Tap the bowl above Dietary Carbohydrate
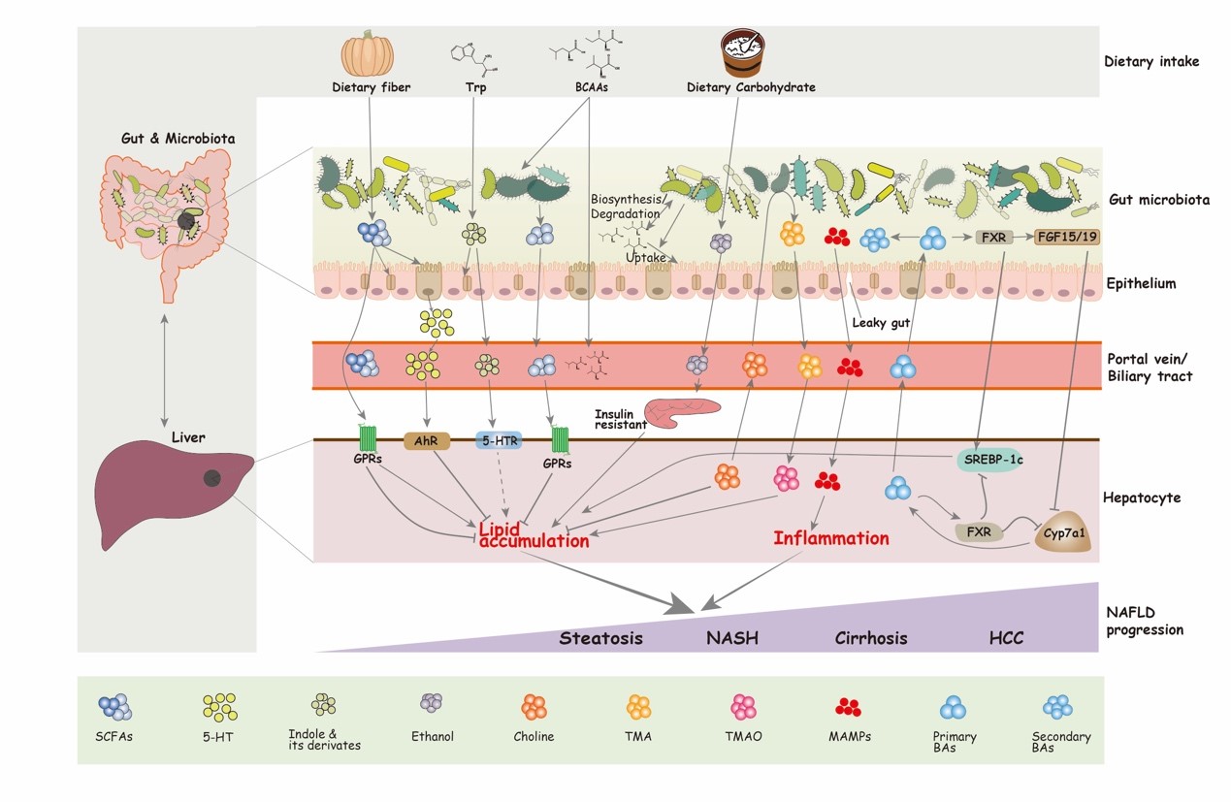point(742,52)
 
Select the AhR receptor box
point(427,440)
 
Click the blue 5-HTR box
point(499,440)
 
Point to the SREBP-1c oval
point(993,460)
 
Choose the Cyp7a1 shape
point(1063,532)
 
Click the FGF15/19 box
point(1067,238)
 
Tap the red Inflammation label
point(831,538)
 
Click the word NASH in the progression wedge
point(732,638)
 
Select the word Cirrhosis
point(871,638)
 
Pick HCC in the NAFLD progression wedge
point(1006,638)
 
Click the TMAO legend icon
point(743,707)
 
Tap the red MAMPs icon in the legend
point(848,708)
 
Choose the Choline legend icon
point(534,707)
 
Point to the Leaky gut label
point(881,322)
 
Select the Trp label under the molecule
point(475,87)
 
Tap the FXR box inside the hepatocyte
point(979,531)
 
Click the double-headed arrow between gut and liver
point(164,370)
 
